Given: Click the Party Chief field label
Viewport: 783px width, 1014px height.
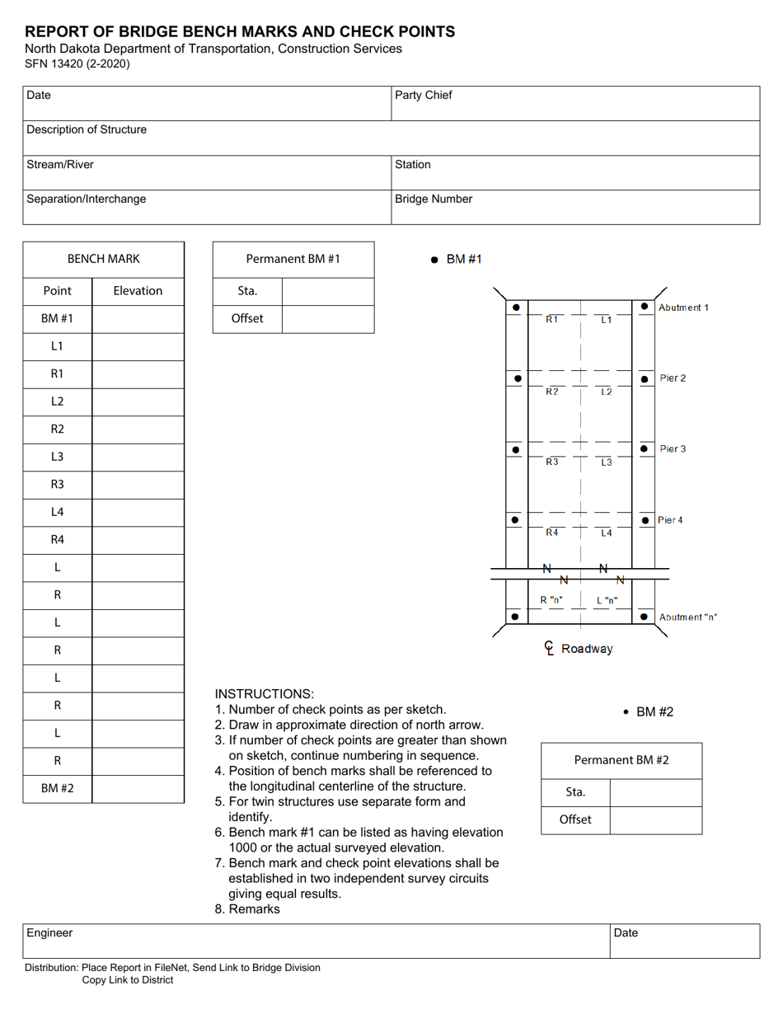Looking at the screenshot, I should click(424, 95).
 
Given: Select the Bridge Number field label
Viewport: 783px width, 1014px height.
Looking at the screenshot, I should click(434, 199).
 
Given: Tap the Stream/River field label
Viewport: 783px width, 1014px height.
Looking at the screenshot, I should click(60, 164).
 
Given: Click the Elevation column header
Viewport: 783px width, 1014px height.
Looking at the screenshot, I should click(138, 290).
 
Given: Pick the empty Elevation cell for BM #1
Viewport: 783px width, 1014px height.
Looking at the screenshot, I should click(138, 318).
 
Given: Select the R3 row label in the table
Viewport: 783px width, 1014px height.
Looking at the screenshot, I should click(57, 484).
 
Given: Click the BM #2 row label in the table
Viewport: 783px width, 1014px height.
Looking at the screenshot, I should click(57, 788).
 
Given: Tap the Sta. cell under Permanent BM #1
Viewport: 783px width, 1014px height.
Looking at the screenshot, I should click(247, 291).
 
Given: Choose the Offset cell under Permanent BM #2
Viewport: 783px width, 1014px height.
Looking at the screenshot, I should click(575, 820).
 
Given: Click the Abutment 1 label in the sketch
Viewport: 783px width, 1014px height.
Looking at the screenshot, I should click(683, 307).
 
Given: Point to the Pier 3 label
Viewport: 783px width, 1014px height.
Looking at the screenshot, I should click(673, 449).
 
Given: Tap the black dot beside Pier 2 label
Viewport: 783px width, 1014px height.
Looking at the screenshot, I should click(645, 379).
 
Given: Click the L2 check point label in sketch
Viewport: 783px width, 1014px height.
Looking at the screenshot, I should click(606, 392).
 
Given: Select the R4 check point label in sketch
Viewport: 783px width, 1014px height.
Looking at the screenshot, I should click(551, 533).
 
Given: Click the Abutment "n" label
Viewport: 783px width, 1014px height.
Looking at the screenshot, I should click(687, 617).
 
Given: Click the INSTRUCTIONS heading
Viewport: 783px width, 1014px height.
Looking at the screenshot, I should click(264, 694).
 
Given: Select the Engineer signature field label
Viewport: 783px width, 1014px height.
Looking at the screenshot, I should click(49, 932).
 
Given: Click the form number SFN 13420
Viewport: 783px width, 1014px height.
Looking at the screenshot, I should click(76, 63).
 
